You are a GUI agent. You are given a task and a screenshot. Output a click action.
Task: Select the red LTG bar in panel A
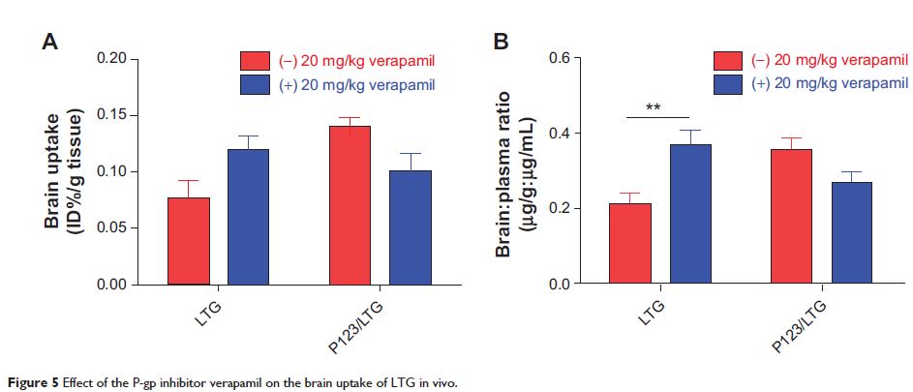pyautogui.click(x=190, y=241)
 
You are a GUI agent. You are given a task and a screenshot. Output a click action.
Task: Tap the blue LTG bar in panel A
pyautogui.click(x=249, y=217)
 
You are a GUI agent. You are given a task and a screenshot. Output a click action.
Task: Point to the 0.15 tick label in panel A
pyautogui.click(x=112, y=116)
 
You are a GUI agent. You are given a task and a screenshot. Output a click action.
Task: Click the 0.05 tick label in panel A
pyautogui.click(x=112, y=228)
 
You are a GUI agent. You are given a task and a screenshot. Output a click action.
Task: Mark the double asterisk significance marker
pyautogui.click(x=653, y=107)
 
